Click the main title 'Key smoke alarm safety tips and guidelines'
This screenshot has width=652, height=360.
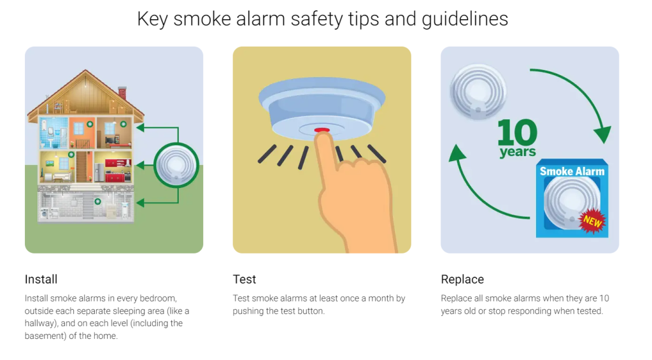tap(323, 19)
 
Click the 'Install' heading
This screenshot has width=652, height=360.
tap(41, 279)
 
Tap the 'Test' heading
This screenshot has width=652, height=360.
tap(244, 279)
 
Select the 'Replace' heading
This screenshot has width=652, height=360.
tap(462, 279)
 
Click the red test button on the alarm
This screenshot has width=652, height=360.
tap(322, 130)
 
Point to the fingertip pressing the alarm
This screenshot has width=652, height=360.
tap(323, 138)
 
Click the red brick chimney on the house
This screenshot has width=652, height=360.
tap(122, 93)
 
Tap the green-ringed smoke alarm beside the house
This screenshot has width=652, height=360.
tap(176, 165)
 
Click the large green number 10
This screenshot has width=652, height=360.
tap(517, 132)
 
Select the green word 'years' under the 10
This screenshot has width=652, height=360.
tap(518, 152)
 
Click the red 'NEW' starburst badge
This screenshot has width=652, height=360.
tap(592, 221)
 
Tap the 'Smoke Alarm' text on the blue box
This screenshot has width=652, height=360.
tap(572, 171)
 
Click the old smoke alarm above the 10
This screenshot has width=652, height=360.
tap(478, 92)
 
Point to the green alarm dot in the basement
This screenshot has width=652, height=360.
tap(97, 201)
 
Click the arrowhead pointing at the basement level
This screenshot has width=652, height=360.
tap(140, 203)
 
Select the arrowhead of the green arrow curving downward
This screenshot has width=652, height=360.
tap(602, 135)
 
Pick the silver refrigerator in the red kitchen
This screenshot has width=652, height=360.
tap(99, 172)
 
